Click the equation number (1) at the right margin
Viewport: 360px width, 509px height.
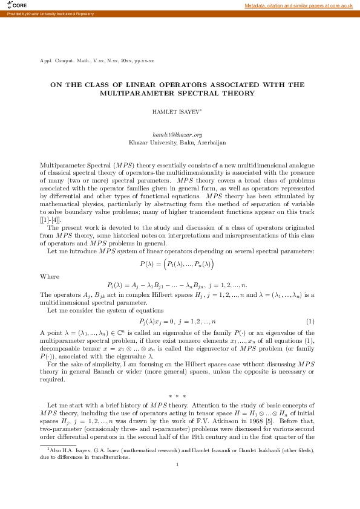[x=310, y=320]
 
